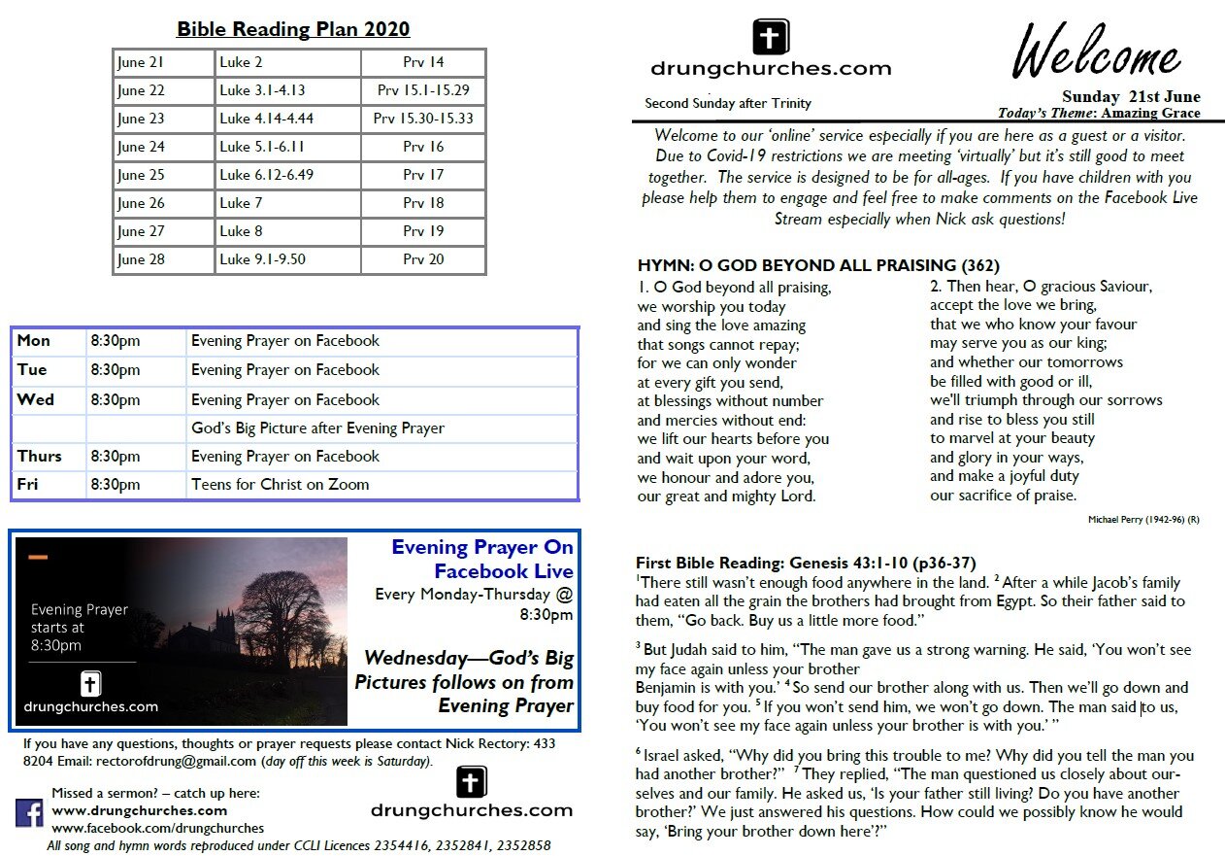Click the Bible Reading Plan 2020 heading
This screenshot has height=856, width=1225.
pos(293,29)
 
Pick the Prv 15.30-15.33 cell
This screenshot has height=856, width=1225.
pos(423,119)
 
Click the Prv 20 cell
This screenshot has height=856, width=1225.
pos(423,259)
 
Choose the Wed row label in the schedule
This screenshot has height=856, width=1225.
pos(36,399)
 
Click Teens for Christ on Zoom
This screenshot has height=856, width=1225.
pos(281,484)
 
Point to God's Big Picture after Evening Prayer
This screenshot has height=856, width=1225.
pos(317,428)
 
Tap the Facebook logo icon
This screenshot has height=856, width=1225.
pos(29,812)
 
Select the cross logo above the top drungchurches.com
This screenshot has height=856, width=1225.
pos(771,38)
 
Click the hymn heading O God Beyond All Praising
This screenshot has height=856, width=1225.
pos(818,265)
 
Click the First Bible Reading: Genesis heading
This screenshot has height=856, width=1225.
pos(806,563)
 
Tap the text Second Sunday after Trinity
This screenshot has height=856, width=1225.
pos(728,103)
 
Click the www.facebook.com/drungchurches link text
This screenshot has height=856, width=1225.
pos(157,828)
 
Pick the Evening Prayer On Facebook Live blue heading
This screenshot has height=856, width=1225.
pos(482,559)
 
